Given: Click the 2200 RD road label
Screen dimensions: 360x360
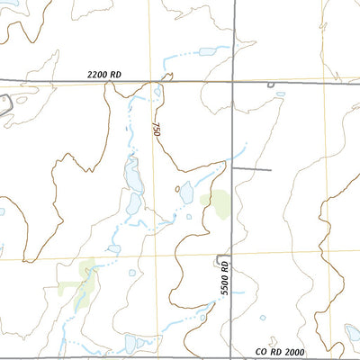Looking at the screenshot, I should pyautogui.click(x=104, y=76).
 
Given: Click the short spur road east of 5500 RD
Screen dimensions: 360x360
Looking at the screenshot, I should pyautogui.click(x=251, y=168).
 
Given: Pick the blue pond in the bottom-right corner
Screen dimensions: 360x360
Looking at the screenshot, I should pyautogui.click(x=353, y=333).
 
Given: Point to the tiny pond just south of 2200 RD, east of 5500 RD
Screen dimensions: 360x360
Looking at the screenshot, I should pyautogui.click(x=280, y=94).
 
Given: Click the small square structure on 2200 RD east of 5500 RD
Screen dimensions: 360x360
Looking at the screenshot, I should pyautogui.click(x=272, y=84).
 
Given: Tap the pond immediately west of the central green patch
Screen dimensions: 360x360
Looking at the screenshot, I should pyautogui.click(x=186, y=193).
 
